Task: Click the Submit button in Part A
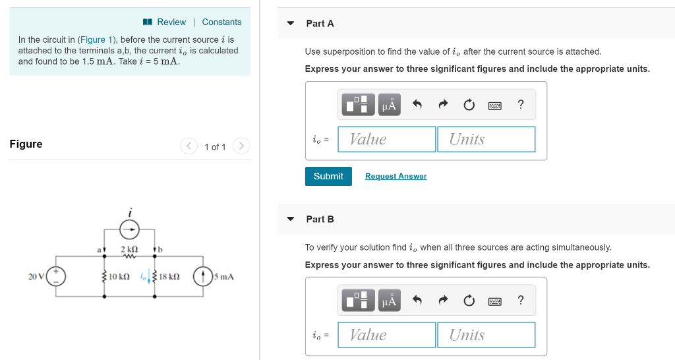pyautogui.click(x=328, y=176)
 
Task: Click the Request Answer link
pyautogui.click(x=396, y=176)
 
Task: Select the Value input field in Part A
pyautogui.click(x=386, y=139)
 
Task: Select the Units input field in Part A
pyautogui.click(x=486, y=139)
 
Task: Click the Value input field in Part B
pyautogui.click(x=386, y=335)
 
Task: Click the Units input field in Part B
pyautogui.click(x=486, y=335)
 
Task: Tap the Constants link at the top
pyautogui.click(x=221, y=22)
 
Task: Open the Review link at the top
pyautogui.click(x=171, y=22)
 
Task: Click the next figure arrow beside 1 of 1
pyautogui.click(x=241, y=146)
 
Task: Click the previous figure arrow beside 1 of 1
pyautogui.click(x=189, y=146)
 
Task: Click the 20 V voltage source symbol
pyautogui.click(x=55, y=276)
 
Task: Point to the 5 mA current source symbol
pyautogui.click(x=202, y=276)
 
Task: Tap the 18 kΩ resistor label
pyautogui.click(x=170, y=277)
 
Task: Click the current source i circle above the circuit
pyautogui.click(x=130, y=229)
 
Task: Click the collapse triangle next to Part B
pyautogui.click(x=291, y=219)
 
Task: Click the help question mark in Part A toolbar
pyautogui.click(x=521, y=104)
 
